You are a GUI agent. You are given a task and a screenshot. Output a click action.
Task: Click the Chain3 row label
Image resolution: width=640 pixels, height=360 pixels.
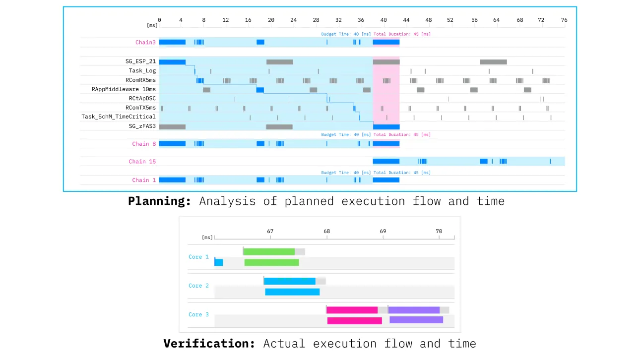click(145, 43)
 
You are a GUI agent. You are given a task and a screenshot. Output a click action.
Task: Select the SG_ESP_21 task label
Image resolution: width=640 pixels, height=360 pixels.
click(140, 61)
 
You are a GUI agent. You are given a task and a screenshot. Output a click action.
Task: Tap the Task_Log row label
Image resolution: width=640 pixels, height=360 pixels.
click(142, 71)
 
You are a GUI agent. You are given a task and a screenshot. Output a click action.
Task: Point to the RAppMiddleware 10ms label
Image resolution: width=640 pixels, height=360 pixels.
click(124, 89)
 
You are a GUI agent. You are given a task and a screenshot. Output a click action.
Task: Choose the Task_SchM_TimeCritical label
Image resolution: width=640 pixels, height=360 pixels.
click(119, 117)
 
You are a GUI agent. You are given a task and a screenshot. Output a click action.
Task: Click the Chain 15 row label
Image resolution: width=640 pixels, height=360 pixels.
click(142, 162)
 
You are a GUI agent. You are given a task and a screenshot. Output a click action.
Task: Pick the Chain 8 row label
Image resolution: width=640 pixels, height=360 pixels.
click(143, 144)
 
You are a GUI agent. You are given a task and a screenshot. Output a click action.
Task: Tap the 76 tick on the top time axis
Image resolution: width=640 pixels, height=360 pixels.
click(564, 20)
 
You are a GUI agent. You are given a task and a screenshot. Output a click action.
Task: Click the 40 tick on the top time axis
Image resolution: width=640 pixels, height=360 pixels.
click(384, 20)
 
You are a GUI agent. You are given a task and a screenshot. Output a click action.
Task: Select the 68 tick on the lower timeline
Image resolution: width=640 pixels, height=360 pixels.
click(326, 232)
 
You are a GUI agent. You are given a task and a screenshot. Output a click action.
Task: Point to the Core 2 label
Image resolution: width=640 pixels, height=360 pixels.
click(198, 286)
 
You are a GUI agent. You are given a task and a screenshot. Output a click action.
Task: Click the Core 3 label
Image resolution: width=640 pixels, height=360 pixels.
click(198, 314)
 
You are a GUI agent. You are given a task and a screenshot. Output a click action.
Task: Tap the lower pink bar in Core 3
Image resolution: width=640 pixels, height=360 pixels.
click(354, 321)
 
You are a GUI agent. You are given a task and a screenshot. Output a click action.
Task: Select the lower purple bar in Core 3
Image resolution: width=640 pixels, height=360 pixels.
click(416, 320)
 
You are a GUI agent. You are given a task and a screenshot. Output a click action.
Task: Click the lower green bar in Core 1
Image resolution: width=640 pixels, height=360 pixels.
click(271, 262)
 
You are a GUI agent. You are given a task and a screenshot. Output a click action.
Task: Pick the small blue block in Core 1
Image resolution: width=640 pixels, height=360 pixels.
click(219, 262)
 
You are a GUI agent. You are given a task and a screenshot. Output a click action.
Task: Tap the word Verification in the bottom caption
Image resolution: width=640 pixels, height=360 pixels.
click(209, 344)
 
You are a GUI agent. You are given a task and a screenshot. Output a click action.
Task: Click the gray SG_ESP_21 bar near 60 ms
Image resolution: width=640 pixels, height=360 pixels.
click(493, 62)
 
